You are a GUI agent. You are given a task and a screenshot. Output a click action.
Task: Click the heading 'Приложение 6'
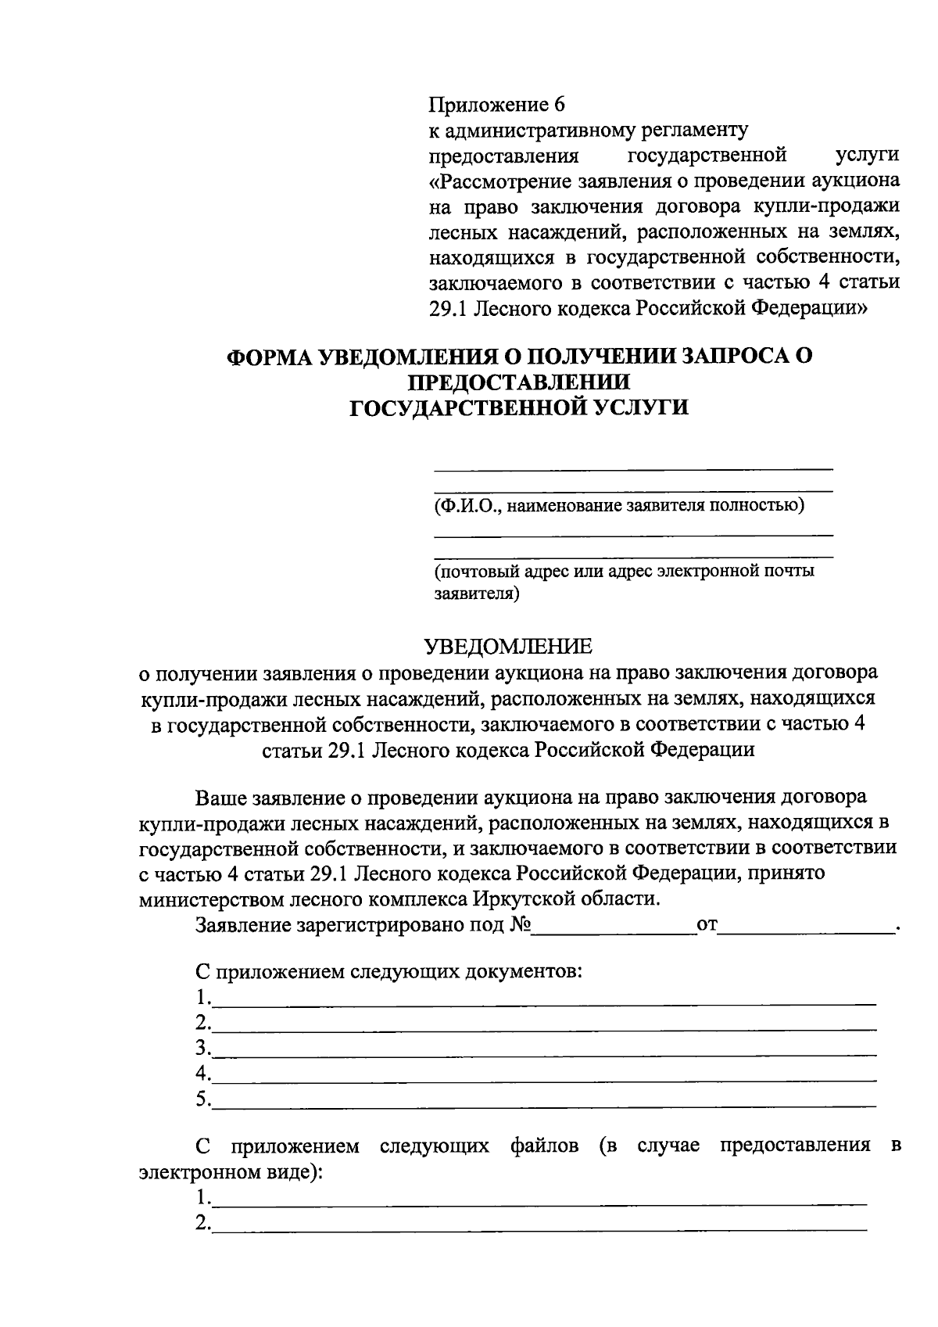click(496, 105)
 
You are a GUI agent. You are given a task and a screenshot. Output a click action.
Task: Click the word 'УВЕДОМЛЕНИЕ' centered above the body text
click(508, 646)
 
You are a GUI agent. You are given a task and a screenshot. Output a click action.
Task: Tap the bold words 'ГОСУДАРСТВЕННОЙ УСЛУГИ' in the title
click(518, 407)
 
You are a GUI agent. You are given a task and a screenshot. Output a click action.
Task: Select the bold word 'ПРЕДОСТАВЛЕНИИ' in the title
click(519, 382)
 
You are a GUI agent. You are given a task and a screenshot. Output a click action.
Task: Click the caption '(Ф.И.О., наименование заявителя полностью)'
click(619, 505)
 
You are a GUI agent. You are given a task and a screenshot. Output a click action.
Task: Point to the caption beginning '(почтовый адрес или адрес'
click(624, 572)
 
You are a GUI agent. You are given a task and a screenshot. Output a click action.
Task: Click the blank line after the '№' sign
click(614, 927)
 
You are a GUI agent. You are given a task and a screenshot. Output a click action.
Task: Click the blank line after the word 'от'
click(807, 927)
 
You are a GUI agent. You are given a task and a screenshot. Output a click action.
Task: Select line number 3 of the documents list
click(543, 1049)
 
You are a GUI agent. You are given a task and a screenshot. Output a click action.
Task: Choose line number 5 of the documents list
click(543, 1100)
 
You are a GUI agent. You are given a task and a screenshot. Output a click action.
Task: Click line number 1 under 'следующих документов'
click(543, 999)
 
